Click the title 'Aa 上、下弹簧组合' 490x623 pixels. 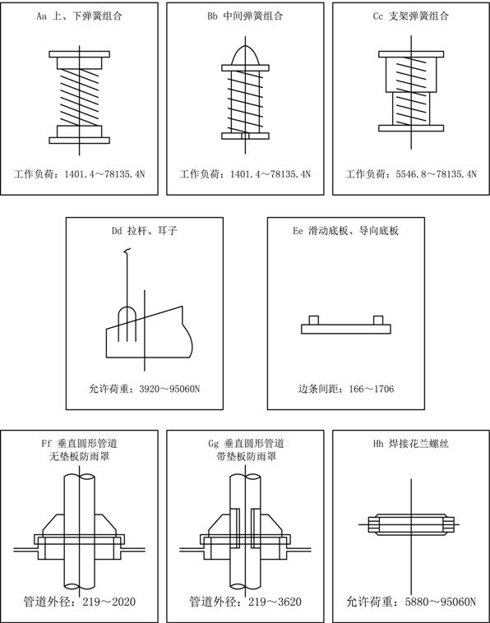[x=79, y=16]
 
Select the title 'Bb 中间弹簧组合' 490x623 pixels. [x=245, y=16]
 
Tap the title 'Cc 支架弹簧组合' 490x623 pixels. [x=411, y=16]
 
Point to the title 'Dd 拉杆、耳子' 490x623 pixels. [x=144, y=231]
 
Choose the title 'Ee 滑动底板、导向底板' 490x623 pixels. [x=346, y=231]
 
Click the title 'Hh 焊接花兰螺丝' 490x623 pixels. [x=411, y=444]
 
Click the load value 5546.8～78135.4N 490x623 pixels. [x=436, y=174]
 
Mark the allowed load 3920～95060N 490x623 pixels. [x=169, y=389]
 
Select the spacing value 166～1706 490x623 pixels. [x=371, y=389]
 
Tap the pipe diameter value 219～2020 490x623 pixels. [x=109, y=602]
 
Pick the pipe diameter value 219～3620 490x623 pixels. [x=275, y=602]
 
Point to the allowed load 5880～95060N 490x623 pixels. [x=441, y=602]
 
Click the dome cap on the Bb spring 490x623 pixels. [x=245, y=56]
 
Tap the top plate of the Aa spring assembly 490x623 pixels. [x=80, y=54]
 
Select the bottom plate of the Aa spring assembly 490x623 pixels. [x=80, y=141]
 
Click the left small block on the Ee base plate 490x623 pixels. [x=314, y=321]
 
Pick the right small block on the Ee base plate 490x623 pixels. [x=378, y=321]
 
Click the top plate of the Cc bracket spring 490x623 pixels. [x=411, y=54]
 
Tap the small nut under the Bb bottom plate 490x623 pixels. [x=245, y=136]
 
